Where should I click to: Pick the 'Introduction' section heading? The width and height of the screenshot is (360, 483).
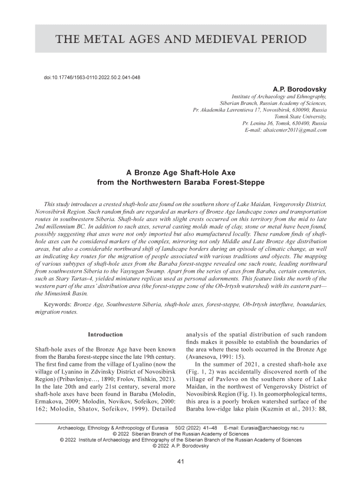[x=105, y=335]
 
